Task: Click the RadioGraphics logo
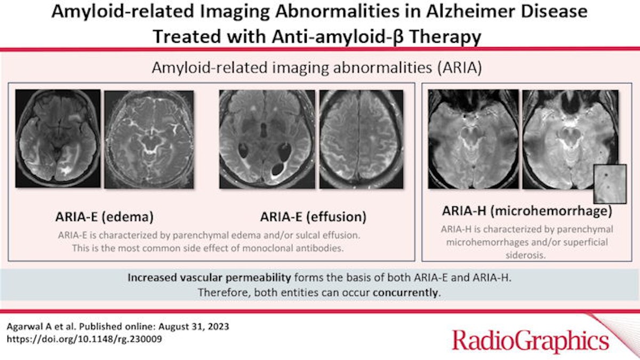531,340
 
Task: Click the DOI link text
84,339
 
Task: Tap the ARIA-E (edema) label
105,217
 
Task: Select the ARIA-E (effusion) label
313,217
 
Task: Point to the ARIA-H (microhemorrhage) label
527,211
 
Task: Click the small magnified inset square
610,183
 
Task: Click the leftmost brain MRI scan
58,139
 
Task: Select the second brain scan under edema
149,139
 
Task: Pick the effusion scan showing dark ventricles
267,139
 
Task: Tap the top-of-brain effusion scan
361,139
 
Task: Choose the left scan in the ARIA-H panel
473,139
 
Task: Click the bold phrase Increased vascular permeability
209,278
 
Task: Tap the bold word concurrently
405,293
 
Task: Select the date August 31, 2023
194,326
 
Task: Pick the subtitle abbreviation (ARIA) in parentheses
459,68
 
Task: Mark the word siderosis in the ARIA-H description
525,255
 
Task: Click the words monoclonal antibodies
293,249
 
